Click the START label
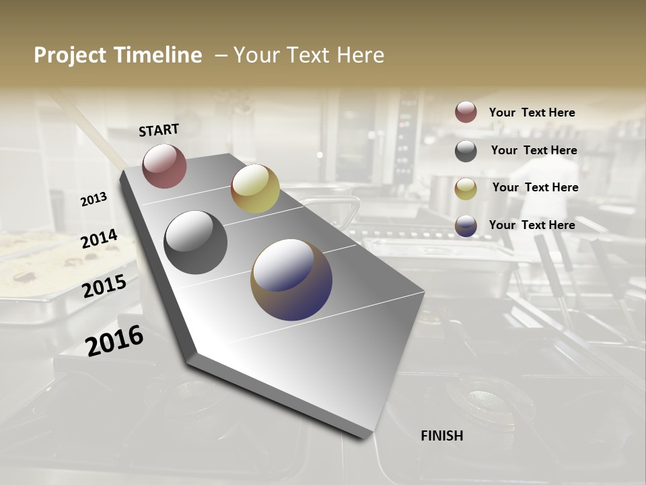(x=159, y=130)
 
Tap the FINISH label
(x=441, y=436)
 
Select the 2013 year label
(x=94, y=199)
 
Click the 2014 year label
(x=99, y=239)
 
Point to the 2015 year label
(x=104, y=286)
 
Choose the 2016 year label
(x=114, y=340)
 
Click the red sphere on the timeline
(x=164, y=166)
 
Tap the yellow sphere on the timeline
(x=255, y=189)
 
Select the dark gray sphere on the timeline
(x=195, y=243)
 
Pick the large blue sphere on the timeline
(x=291, y=280)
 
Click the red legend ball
(x=466, y=112)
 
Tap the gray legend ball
(x=466, y=151)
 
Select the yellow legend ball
(x=466, y=189)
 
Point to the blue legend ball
(x=466, y=226)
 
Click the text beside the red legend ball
(x=532, y=112)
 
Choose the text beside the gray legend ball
(x=534, y=150)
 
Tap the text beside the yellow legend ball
(x=535, y=187)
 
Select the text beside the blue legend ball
(x=532, y=225)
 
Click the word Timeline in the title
(x=158, y=55)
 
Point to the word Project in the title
(x=71, y=55)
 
